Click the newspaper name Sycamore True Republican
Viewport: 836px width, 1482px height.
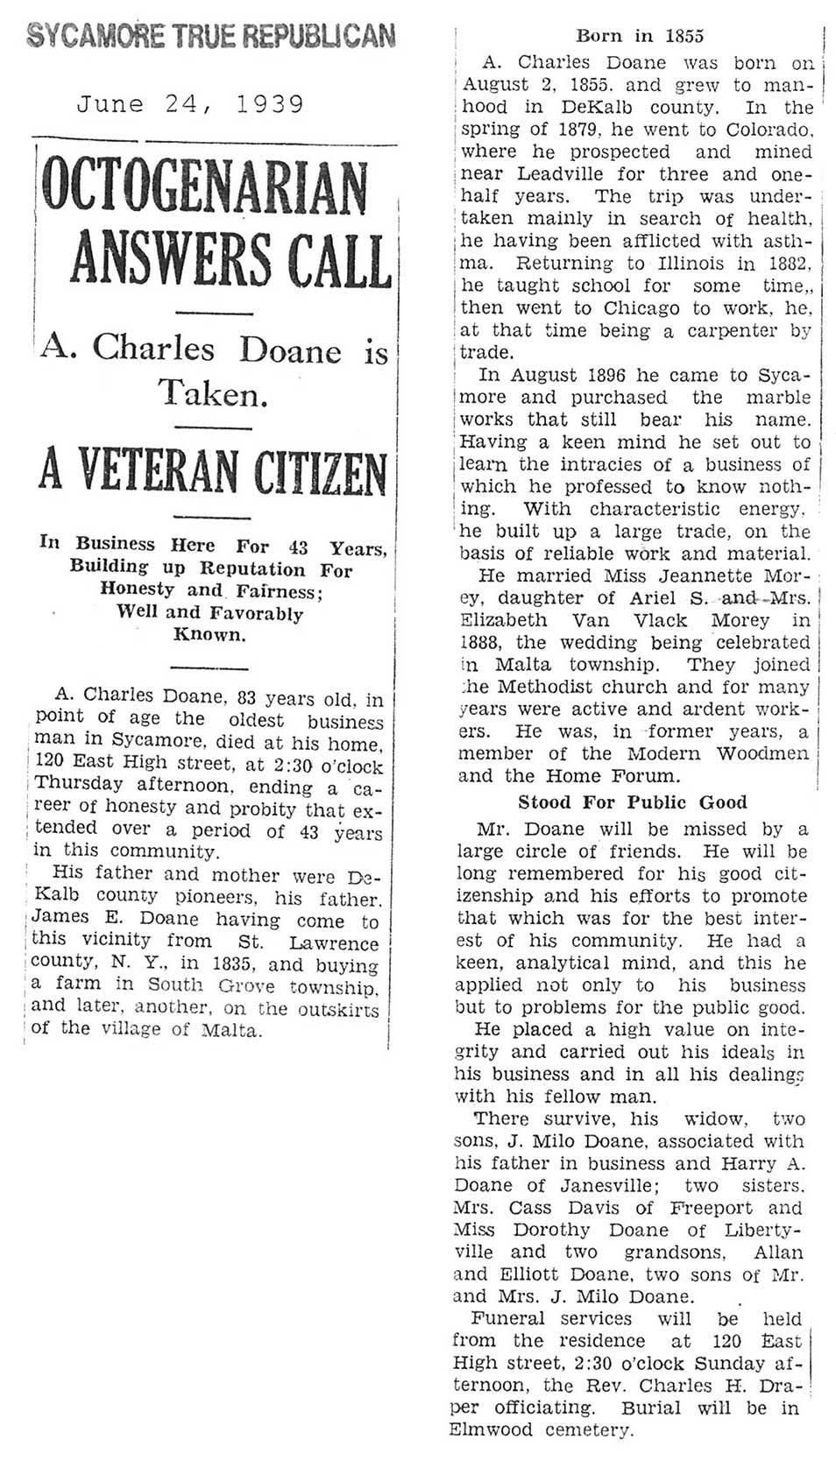[x=210, y=36]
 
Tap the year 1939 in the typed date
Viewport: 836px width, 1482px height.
[x=269, y=105]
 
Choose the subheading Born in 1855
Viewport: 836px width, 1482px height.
[x=639, y=36]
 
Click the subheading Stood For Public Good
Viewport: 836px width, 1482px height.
[x=632, y=802]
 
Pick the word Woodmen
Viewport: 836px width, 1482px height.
[x=762, y=753]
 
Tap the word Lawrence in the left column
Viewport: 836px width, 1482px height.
[x=334, y=943]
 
